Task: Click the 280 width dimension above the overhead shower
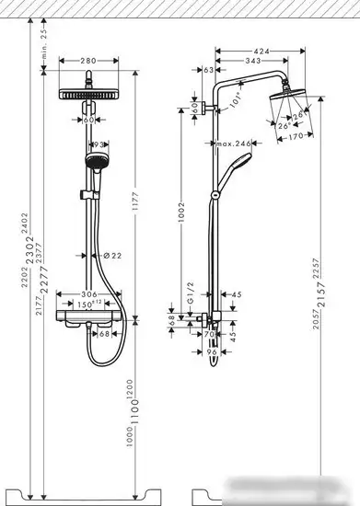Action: (88, 61)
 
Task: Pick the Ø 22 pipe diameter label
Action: (110, 255)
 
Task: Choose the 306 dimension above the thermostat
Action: (88, 294)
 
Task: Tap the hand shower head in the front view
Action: (92, 163)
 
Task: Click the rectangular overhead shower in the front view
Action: (88, 94)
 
